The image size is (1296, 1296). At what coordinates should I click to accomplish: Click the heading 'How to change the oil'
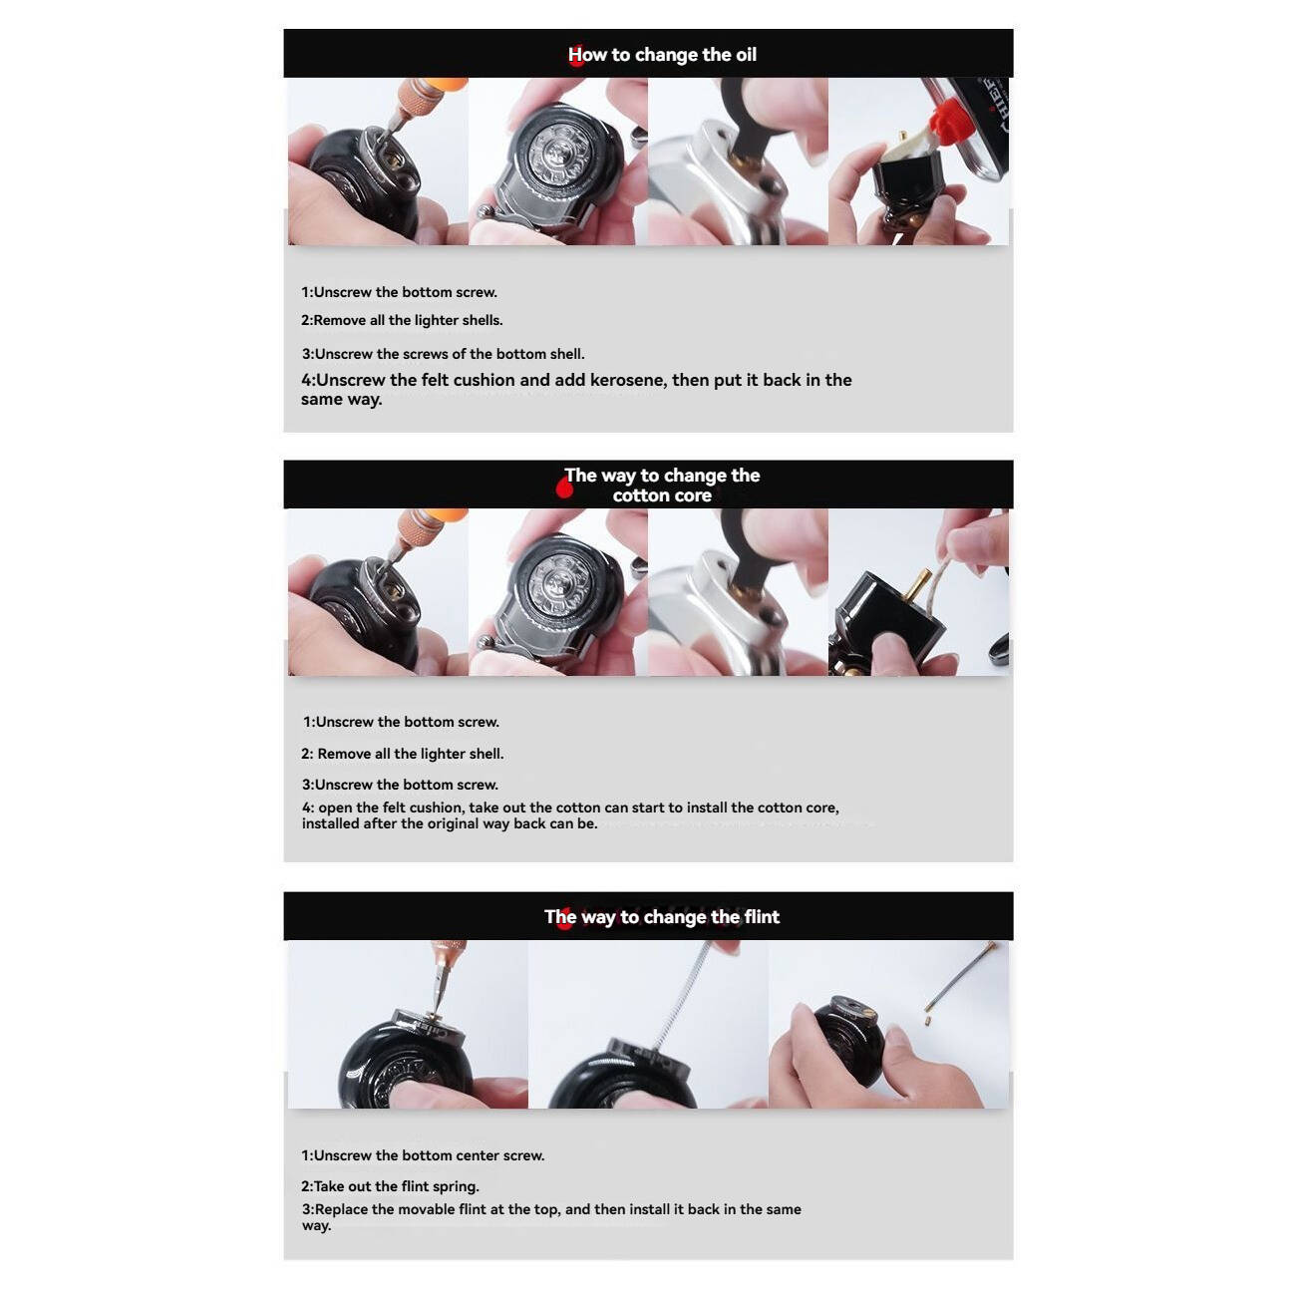(662, 55)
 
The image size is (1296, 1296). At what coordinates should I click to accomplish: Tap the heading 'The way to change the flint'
(662, 917)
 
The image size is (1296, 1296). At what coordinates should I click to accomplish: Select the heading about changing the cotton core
(662, 485)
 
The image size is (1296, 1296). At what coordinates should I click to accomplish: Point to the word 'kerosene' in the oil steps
(627, 380)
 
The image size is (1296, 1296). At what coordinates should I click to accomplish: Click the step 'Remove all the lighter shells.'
(402, 320)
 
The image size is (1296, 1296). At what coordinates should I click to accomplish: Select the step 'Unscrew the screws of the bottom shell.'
(443, 354)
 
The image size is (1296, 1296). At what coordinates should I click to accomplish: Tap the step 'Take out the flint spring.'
(390, 1186)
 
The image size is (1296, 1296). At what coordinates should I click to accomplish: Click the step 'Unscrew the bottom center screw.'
(423, 1155)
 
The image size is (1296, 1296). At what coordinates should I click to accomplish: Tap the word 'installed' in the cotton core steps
(330, 823)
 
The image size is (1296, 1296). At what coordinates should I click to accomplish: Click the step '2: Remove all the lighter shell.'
(402, 754)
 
